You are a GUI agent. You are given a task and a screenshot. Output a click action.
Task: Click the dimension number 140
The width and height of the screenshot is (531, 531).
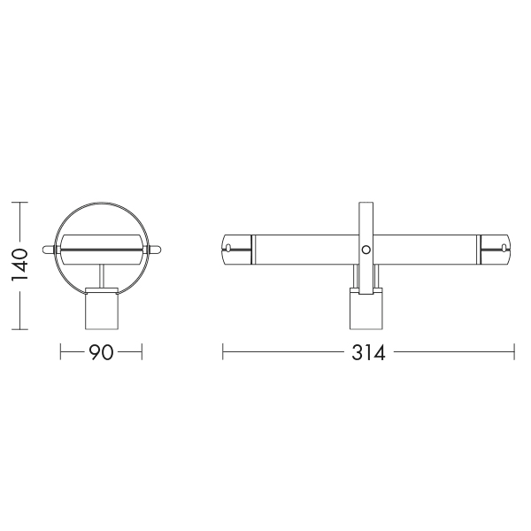(x=19, y=265)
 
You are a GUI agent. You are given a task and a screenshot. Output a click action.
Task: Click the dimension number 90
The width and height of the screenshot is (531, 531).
(x=101, y=352)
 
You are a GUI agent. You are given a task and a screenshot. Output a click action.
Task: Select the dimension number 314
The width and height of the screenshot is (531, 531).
(x=368, y=352)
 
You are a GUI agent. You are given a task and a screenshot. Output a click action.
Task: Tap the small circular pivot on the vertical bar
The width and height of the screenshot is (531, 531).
(x=366, y=250)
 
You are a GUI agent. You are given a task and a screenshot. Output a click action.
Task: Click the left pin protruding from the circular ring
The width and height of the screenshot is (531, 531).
(x=49, y=250)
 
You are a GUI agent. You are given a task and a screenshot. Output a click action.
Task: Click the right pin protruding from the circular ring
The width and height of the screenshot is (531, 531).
(x=154, y=250)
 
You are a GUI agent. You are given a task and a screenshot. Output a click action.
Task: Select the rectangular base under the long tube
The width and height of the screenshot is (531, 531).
(x=366, y=311)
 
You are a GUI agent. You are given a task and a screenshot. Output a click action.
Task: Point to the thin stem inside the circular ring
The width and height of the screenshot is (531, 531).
(x=101, y=276)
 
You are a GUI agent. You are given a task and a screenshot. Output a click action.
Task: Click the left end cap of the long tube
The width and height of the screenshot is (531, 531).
(x=236, y=250)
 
